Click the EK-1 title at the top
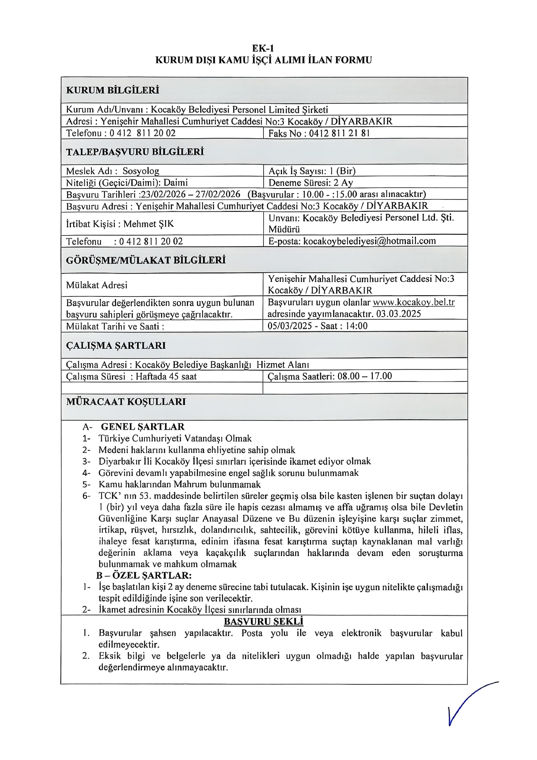click(263, 48)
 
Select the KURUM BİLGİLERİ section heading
click(112, 90)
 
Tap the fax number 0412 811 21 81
click(340, 133)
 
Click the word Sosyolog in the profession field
click(140, 171)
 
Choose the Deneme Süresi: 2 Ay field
click(311, 183)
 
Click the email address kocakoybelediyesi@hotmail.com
click(369, 241)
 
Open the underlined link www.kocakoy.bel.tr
click(414, 302)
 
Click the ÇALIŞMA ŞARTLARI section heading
click(116, 346)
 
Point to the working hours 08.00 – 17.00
click(364, 376)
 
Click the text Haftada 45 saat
click(166, 376)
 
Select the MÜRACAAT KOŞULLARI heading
click(126, 402)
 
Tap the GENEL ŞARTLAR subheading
click(142, 427)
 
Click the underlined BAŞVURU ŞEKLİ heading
click(263, 621)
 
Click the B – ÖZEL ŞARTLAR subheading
click(144, 575)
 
